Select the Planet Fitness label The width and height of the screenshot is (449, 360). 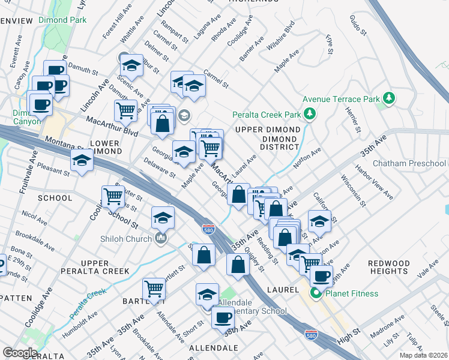tap(352, 293)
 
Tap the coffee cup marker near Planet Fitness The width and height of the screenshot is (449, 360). tap(321, 277)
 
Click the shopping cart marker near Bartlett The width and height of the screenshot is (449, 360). tap(154, 289)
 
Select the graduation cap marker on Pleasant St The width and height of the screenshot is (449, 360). tap(82, 161)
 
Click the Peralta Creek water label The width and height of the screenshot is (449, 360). tap(86, 304)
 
